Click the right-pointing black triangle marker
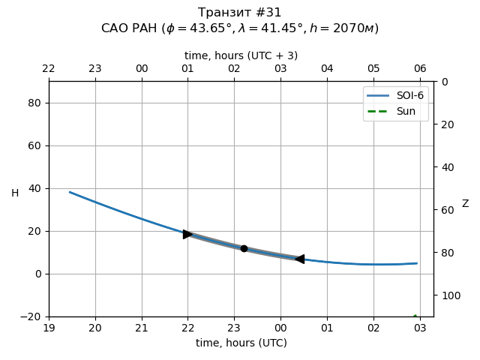187,234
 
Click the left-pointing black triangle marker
299,259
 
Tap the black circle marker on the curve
244,248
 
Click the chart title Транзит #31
240,13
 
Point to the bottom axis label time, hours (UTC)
241,343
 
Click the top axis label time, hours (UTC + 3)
241,55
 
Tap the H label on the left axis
15,193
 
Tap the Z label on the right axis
465,204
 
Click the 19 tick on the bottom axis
49,328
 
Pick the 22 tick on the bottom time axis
187,328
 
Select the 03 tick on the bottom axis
420,328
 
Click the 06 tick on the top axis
420,69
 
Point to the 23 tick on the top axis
95,69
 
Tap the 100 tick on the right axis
448,295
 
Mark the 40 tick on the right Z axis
445,167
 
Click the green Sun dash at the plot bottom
415,316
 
